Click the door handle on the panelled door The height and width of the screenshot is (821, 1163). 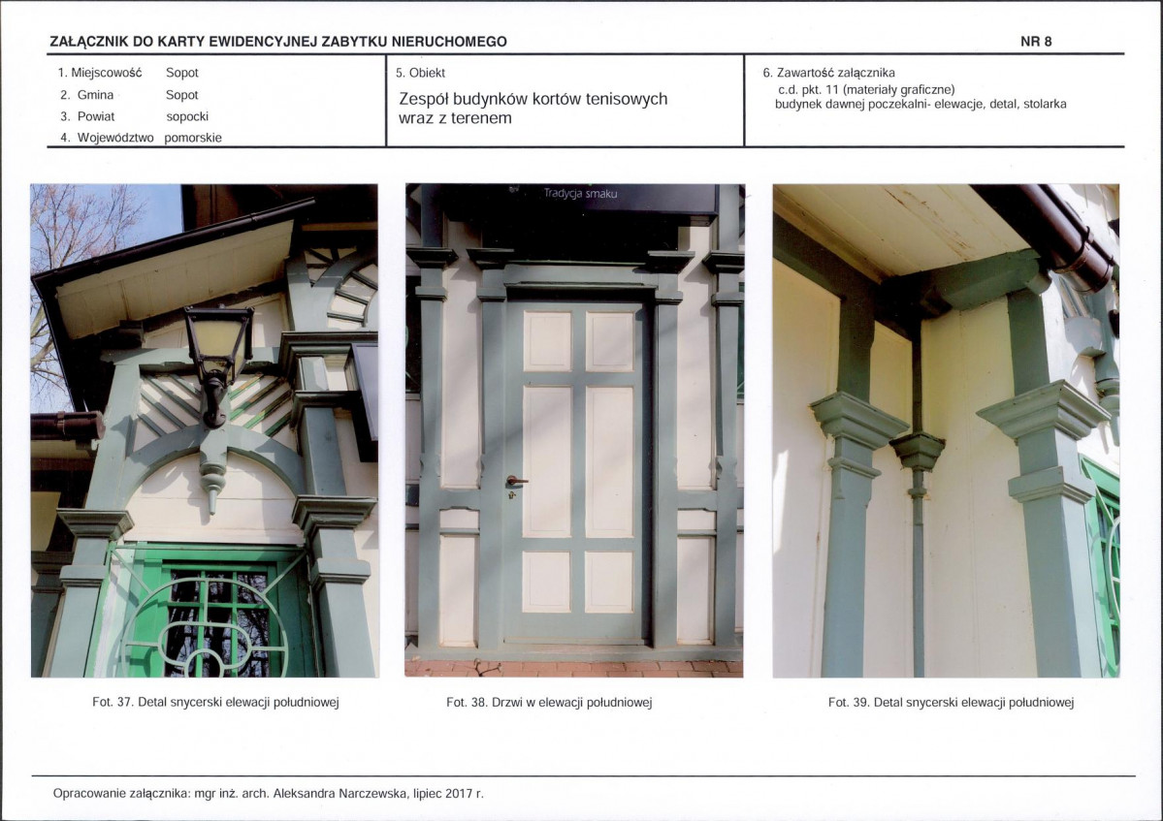point(515,482)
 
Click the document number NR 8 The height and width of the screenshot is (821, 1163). point(1035,42)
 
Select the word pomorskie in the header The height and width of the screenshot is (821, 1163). point(193,138)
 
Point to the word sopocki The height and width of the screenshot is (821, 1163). point(187,116)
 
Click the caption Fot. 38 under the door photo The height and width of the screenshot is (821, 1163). point(549,702)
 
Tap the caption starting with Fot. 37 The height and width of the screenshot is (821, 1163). point(216,702)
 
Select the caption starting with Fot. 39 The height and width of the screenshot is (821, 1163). point(951,702)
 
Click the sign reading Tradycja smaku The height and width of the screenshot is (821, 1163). point(580,194)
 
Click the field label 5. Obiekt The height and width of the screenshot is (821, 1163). point(420,73)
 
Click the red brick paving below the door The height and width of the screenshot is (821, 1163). point(573,669)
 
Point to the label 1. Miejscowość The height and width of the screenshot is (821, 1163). point(99,73)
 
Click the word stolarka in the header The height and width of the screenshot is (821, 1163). point(1045,104)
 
